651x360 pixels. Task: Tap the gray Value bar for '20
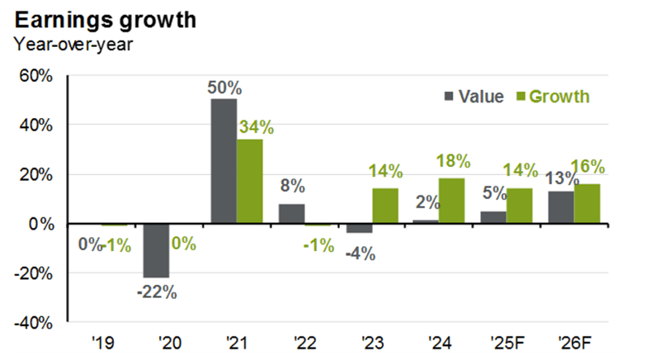point(156,250)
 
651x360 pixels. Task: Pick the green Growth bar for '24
point(452,201)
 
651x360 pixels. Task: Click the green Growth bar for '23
point(385,206)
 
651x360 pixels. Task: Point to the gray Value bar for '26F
point(561,207)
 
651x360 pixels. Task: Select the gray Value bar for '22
point(291,214)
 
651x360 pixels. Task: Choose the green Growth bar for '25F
point(520,206)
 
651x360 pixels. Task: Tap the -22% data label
point(156,291)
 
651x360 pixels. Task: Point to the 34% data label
point(256,127)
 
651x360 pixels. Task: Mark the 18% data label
point(454,161)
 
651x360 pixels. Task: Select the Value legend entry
point(474,97)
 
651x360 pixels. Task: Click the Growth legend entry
point(553,97)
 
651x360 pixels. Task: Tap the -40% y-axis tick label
point(35,322)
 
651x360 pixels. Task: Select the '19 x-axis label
point(102,340)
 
